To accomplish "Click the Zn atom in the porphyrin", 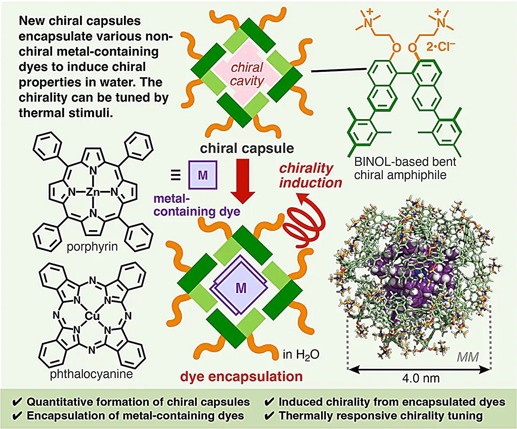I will click(92, 192).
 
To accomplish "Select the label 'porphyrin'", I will click(92, 247).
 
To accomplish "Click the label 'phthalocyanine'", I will click(91, 374).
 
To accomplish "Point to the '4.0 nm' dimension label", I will click(421, 378).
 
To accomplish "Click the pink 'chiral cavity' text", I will click(247, 74).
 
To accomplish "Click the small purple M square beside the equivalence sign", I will click(203, 175).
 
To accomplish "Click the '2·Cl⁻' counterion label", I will click(441, 46).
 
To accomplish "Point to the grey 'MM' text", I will click(468, 357).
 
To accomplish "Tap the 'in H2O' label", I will click(301, 354).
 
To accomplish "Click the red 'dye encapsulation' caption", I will click(241, 376).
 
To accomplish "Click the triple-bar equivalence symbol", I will click(175, 175).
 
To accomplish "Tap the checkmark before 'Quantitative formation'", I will click(17, 402).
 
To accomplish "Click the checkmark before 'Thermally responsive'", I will click(269, 416).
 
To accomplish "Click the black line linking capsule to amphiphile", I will click(327, 72).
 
